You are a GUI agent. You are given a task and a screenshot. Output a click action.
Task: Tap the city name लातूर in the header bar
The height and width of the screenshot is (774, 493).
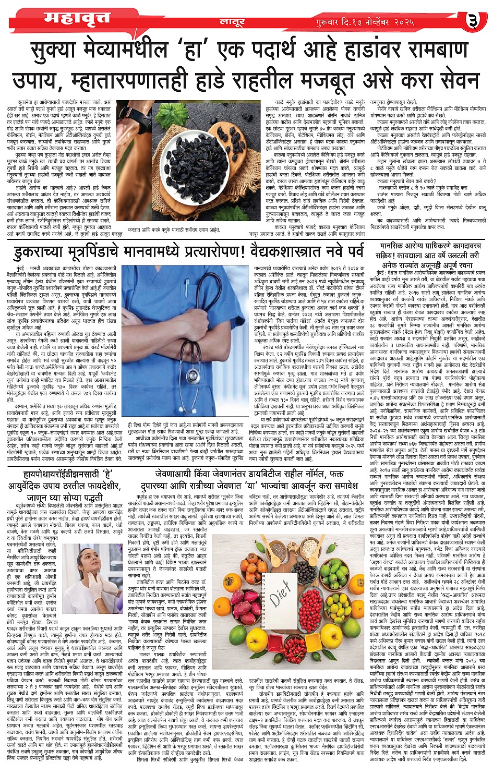(230, 22)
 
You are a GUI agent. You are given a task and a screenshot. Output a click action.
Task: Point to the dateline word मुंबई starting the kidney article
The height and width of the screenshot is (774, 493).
(22, 268)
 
